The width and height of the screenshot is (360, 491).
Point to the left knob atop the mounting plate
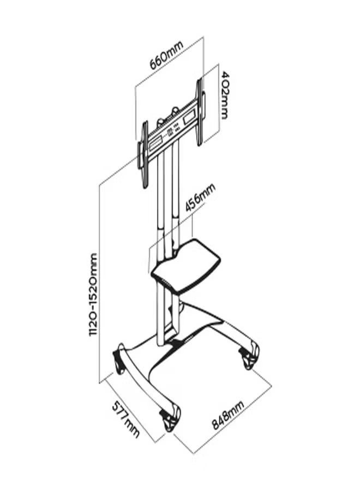point(161,123)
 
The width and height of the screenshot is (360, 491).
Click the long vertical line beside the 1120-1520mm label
point(100,284)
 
